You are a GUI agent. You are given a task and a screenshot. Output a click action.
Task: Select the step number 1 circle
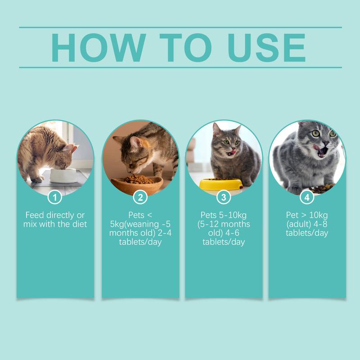[55, 197]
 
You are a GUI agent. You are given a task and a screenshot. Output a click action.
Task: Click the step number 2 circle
[140, 197]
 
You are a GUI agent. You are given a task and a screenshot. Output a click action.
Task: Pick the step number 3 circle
[224, 197]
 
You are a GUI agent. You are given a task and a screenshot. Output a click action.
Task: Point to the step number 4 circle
[307, 197]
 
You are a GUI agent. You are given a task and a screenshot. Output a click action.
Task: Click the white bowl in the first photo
[63, 175]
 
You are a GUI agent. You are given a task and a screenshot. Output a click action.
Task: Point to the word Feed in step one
[35, 215]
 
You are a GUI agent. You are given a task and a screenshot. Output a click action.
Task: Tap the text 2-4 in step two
[154, 233]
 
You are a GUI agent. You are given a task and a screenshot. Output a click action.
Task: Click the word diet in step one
[79, 224]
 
